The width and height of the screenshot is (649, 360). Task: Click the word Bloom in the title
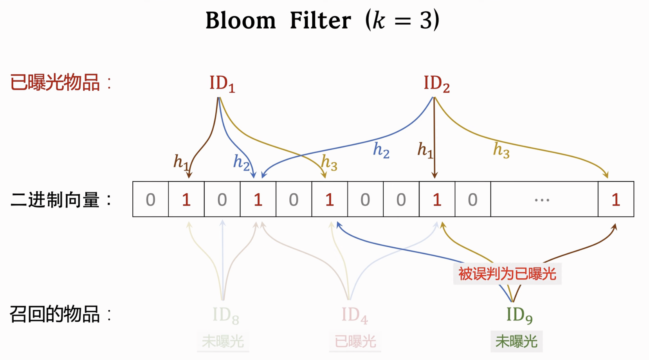[x=240, y=20]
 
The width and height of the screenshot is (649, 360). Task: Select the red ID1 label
[x=222, y=84]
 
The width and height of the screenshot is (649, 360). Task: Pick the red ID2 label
[x=436, y=84]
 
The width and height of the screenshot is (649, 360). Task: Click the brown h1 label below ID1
[x=181, y=161]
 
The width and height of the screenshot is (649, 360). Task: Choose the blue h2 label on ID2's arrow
[x=381, y=150]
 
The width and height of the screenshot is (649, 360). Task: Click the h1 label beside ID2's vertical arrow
[x=425, y=150]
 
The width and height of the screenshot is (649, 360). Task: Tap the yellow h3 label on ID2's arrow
[x=501, y=150]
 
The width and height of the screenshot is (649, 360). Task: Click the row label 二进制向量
[x=55, y=200]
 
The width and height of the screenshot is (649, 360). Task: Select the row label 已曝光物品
[x=55, y=83]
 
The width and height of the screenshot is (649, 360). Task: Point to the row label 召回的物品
[x=55, y=314]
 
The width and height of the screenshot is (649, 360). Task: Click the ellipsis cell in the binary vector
[x=542, y=200]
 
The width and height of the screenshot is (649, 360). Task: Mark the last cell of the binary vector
[x=616, y=200]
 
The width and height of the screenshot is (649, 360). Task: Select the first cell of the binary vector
[x=151, y=200]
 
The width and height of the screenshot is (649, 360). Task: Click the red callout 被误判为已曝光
[x=507, y=274]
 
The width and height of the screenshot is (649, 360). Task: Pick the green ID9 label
[x=519, y=315]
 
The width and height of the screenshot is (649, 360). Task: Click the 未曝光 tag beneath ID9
[x=516, y=342]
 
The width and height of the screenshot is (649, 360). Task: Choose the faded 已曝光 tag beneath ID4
[x=355, y=342]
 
